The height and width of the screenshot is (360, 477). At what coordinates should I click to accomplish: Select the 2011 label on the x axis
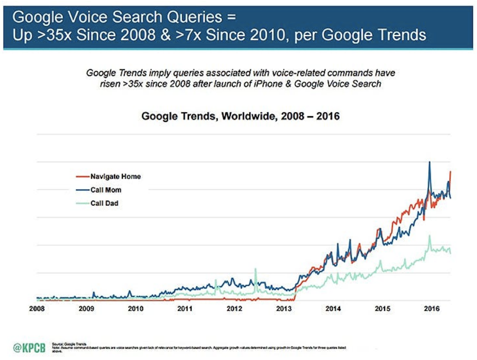(x=185, y=309)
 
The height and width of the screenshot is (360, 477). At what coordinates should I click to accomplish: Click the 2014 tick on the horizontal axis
(x=333, y=309)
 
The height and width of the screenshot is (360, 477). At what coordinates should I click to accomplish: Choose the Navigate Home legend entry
(x=115, y=176)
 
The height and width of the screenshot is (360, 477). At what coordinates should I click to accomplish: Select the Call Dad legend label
(x=104, y=203)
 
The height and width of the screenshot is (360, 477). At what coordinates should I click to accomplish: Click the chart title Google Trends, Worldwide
(x=240, y=116)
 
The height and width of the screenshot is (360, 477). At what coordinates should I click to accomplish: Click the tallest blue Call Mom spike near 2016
(x=429, y=162)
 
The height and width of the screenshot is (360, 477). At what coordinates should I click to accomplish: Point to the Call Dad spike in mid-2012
(x=256, y=269)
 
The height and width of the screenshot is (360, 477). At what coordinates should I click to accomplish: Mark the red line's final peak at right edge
(x=450, y=172)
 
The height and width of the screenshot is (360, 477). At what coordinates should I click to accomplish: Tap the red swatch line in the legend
(x=81, y=176)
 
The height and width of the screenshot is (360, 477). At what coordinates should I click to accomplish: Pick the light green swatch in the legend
(x=81, y=203)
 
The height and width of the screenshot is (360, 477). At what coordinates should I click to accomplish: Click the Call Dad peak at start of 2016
(x=429, y=236)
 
